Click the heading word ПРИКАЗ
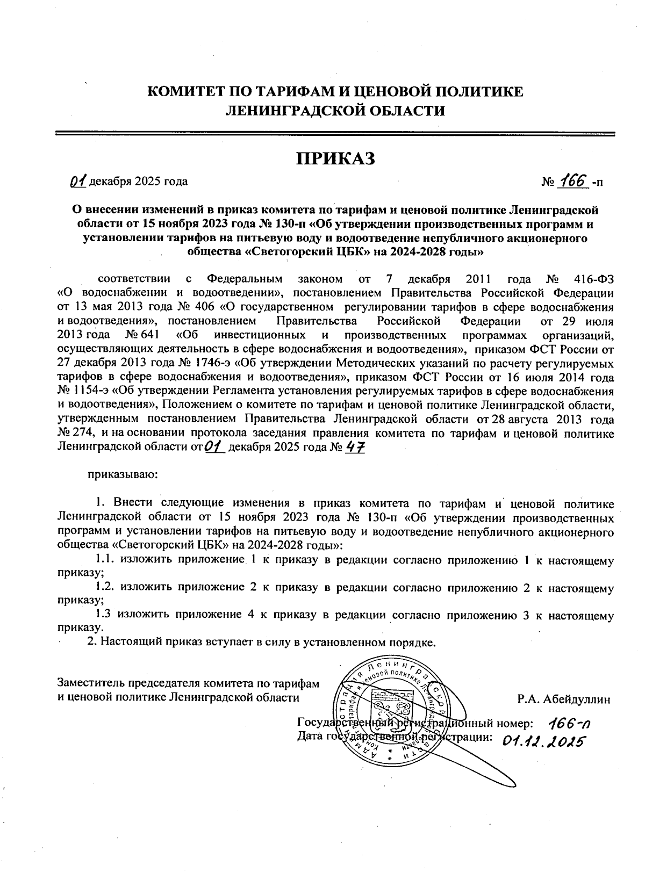[x=335, y=159]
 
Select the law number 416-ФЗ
[x=592, y=279]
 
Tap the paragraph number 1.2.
[x=105, y=587]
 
